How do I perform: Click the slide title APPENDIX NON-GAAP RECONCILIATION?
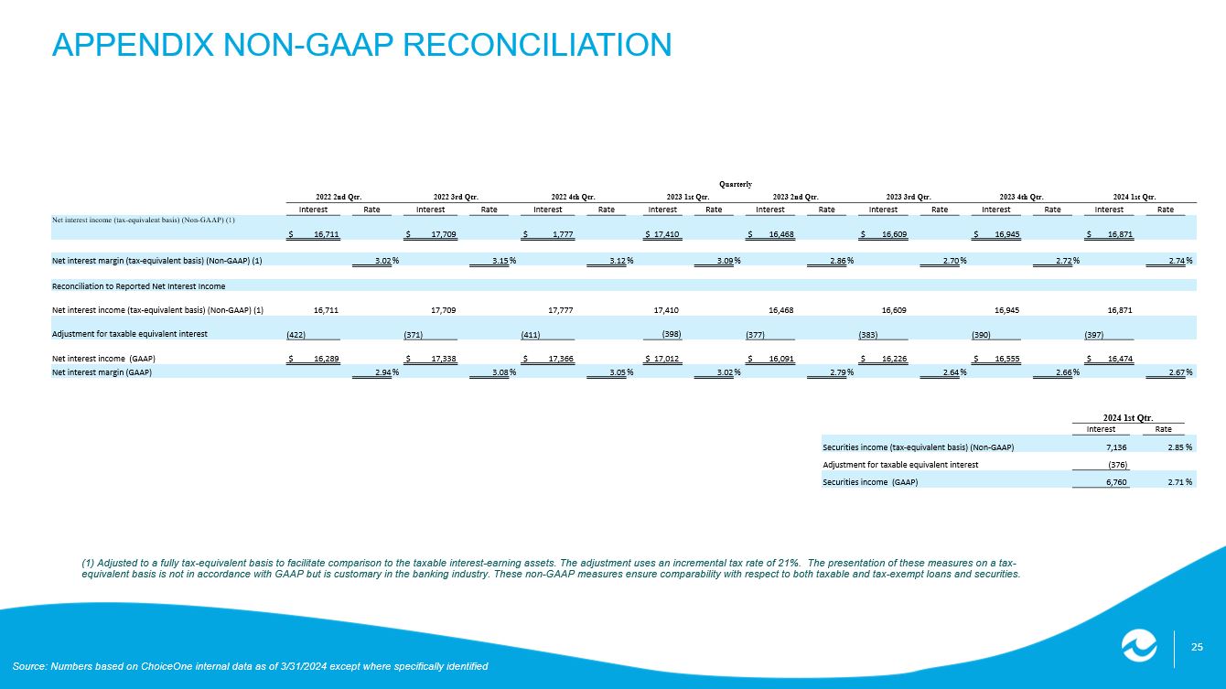pos(361,44)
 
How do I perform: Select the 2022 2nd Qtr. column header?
pos(339,196)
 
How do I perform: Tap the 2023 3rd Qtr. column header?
pos(909,196)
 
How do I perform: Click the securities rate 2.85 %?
pos(1174,447)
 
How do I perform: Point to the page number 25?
pos(1197,649)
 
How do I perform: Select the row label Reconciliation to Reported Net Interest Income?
pos(138,286)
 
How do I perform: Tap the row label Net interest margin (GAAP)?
pos(102,373)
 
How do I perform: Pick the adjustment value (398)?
pos(672,333)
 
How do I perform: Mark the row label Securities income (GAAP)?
pos(870,482)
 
